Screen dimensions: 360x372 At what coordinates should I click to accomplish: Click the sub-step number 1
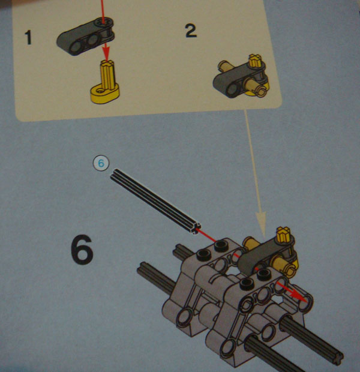click(28, 37)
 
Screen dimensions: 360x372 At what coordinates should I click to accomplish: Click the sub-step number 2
click(191, 31)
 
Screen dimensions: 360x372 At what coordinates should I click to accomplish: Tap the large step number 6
click(82, 250)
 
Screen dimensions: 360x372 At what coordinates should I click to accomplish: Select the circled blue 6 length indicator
click(101, 163)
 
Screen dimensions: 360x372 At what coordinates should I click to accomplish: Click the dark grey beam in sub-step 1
click(85, 36)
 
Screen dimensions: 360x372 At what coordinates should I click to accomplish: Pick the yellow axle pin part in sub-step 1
click(106, 82)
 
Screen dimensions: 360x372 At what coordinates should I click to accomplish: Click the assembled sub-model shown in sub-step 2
click(241, 76)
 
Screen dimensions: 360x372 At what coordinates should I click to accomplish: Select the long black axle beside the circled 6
click(155, 202)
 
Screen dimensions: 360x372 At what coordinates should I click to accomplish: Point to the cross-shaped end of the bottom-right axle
click(337, 356)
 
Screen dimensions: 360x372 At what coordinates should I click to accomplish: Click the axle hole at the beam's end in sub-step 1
click(104, 23)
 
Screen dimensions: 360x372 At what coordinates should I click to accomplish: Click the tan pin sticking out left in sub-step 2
click(224, 66)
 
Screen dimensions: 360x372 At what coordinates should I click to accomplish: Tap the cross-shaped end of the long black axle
click(196, 229)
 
